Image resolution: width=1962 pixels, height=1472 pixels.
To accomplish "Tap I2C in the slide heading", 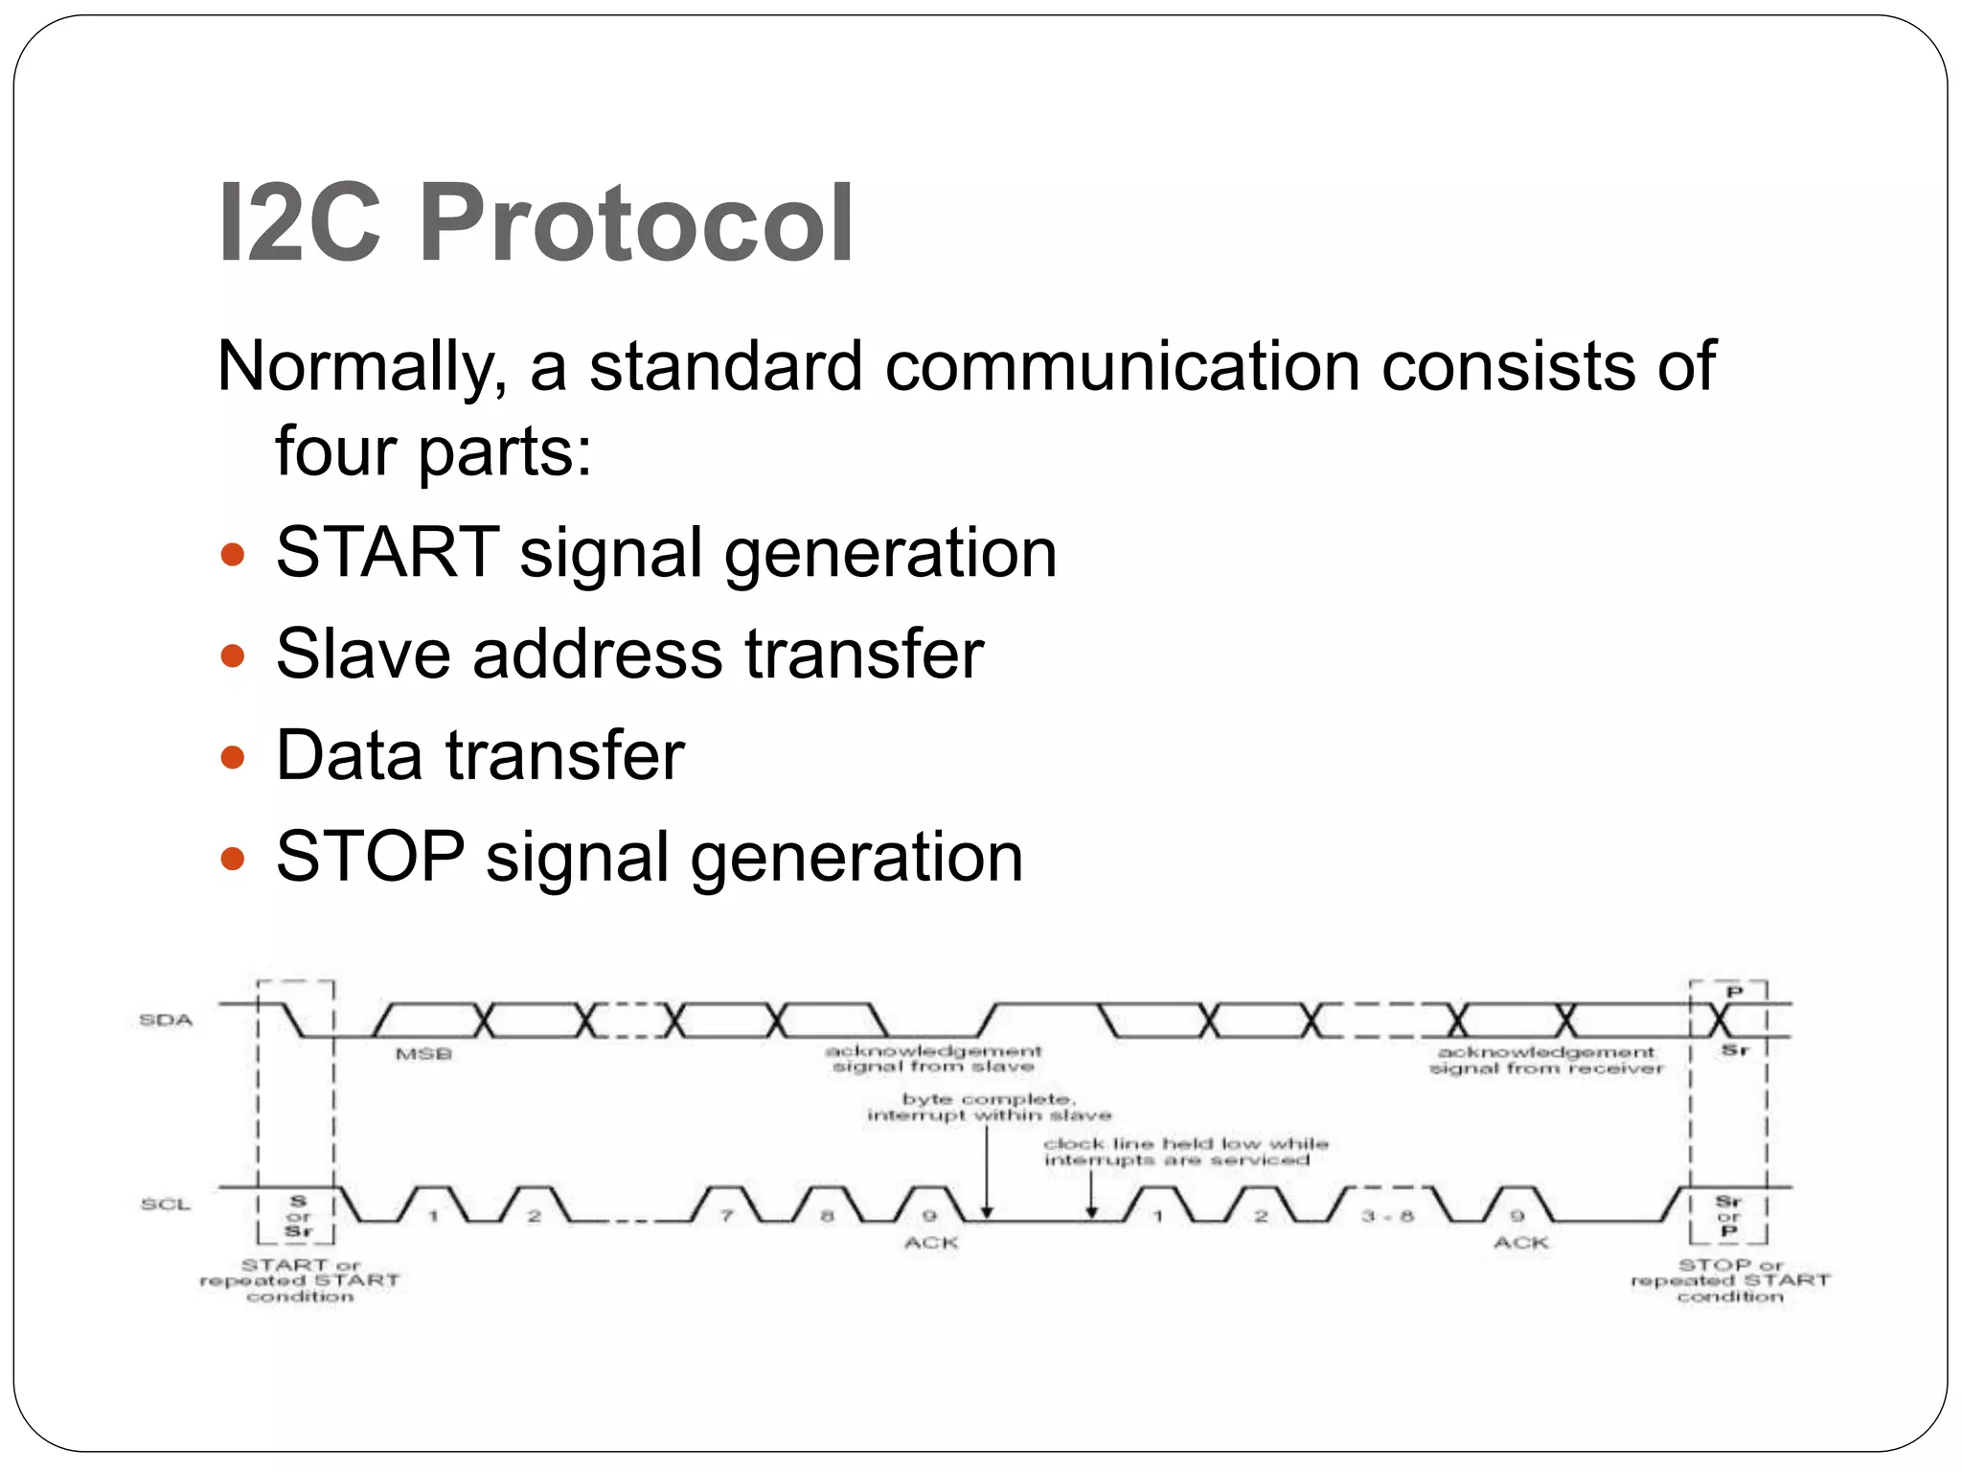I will [299, 223].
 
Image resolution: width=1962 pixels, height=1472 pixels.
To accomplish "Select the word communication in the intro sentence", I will [1122, 366].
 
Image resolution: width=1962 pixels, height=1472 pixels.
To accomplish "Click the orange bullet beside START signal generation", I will [233, 555].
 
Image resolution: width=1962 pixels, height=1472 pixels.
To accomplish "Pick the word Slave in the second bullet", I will [363, 655].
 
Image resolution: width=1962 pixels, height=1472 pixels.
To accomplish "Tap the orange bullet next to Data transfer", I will [233, 758].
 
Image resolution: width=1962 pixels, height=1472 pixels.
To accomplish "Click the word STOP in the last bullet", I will [370, 857].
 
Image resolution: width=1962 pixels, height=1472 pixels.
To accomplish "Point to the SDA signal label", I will [166, 1020].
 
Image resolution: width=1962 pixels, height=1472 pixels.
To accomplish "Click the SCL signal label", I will [166, 1204].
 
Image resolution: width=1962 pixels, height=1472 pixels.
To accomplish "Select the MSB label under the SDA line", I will [423, 1054].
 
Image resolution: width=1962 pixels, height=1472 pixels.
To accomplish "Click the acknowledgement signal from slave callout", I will [933, 1059].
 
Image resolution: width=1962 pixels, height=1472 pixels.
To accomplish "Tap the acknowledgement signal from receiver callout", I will [1546, 1060].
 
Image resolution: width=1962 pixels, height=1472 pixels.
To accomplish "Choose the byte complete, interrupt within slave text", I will [989, 1107].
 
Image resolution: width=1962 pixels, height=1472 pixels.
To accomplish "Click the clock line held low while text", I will [1185, 1143].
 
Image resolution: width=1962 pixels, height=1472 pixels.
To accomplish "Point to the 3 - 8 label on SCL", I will [1387, 1216].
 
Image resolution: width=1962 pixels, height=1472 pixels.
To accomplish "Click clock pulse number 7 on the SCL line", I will [727, 1216].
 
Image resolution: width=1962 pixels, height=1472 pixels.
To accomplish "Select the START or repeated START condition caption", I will [300, 1280].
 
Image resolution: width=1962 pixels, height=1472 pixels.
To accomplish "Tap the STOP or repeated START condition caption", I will [1730, 1280].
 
